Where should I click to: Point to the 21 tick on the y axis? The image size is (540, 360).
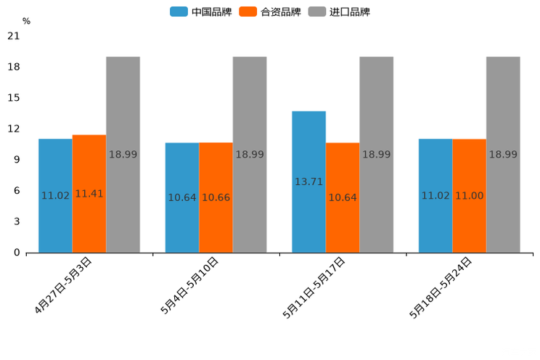(13, 36)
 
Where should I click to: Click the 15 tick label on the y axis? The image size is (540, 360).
(13, 98)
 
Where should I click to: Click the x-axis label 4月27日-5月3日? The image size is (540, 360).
(63, 285)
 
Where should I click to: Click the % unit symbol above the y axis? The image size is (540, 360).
(26, 21)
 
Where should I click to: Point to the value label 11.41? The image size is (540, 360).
(89, 194)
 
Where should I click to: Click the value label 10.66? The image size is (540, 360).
(216, 197)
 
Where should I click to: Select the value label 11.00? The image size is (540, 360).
(469, 195)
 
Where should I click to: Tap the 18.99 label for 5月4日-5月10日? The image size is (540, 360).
(250, 155)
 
